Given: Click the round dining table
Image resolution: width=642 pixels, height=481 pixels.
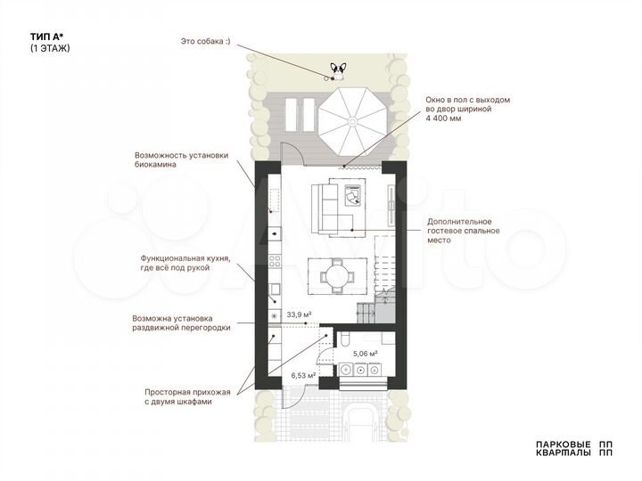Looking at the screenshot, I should (x=337, y=275).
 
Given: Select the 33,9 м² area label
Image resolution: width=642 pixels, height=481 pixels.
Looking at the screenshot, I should (x=299, y=314).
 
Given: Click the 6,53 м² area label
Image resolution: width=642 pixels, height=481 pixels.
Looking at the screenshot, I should (x=303, y=376).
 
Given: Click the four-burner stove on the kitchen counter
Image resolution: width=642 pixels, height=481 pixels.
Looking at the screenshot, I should (x=274, y=262).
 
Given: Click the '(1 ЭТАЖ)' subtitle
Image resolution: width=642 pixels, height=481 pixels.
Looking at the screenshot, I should (x=50, y=48).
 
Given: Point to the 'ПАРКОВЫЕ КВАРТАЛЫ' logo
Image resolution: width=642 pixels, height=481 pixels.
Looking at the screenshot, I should (x=573, y=448).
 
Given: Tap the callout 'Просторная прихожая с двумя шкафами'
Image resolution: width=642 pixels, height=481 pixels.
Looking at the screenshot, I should (x=187, y=397).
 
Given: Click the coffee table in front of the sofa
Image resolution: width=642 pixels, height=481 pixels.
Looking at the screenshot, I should (x=351, y=193).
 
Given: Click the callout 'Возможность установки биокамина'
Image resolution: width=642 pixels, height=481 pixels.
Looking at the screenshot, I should (x=182, y=159).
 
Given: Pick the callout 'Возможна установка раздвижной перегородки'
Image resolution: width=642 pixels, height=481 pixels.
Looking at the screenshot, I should (x=181, y=322).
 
